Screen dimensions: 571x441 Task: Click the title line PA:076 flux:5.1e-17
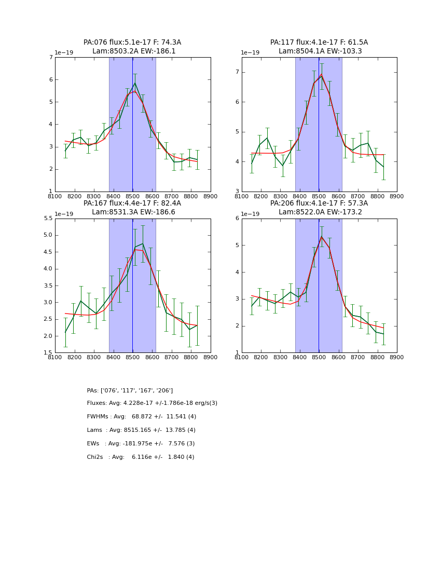pos(132,43)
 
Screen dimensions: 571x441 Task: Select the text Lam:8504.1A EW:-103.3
pos(319,51)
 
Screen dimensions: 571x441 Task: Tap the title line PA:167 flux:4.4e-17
pos(132,203)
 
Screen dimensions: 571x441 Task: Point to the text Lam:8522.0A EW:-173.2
pos(319,212)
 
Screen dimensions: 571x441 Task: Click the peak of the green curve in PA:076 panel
pos(135,83)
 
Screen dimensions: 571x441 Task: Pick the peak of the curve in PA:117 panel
pos(321,75)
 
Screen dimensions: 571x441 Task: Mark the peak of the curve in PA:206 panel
pos(321,237)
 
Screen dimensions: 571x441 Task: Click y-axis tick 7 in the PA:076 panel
pos(51,58)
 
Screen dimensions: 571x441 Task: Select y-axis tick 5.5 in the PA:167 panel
pos(48,219)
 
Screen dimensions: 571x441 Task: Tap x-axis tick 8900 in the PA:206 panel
pos(397,357)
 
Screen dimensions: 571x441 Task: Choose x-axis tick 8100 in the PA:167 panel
pos(55,357)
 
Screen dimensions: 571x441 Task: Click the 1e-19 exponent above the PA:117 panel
pos(250,53)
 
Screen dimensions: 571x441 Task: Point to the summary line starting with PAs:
pos(130,390)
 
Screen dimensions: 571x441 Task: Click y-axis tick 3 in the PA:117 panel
pos(237,192)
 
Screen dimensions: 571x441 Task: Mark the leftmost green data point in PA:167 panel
pos(65,332)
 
